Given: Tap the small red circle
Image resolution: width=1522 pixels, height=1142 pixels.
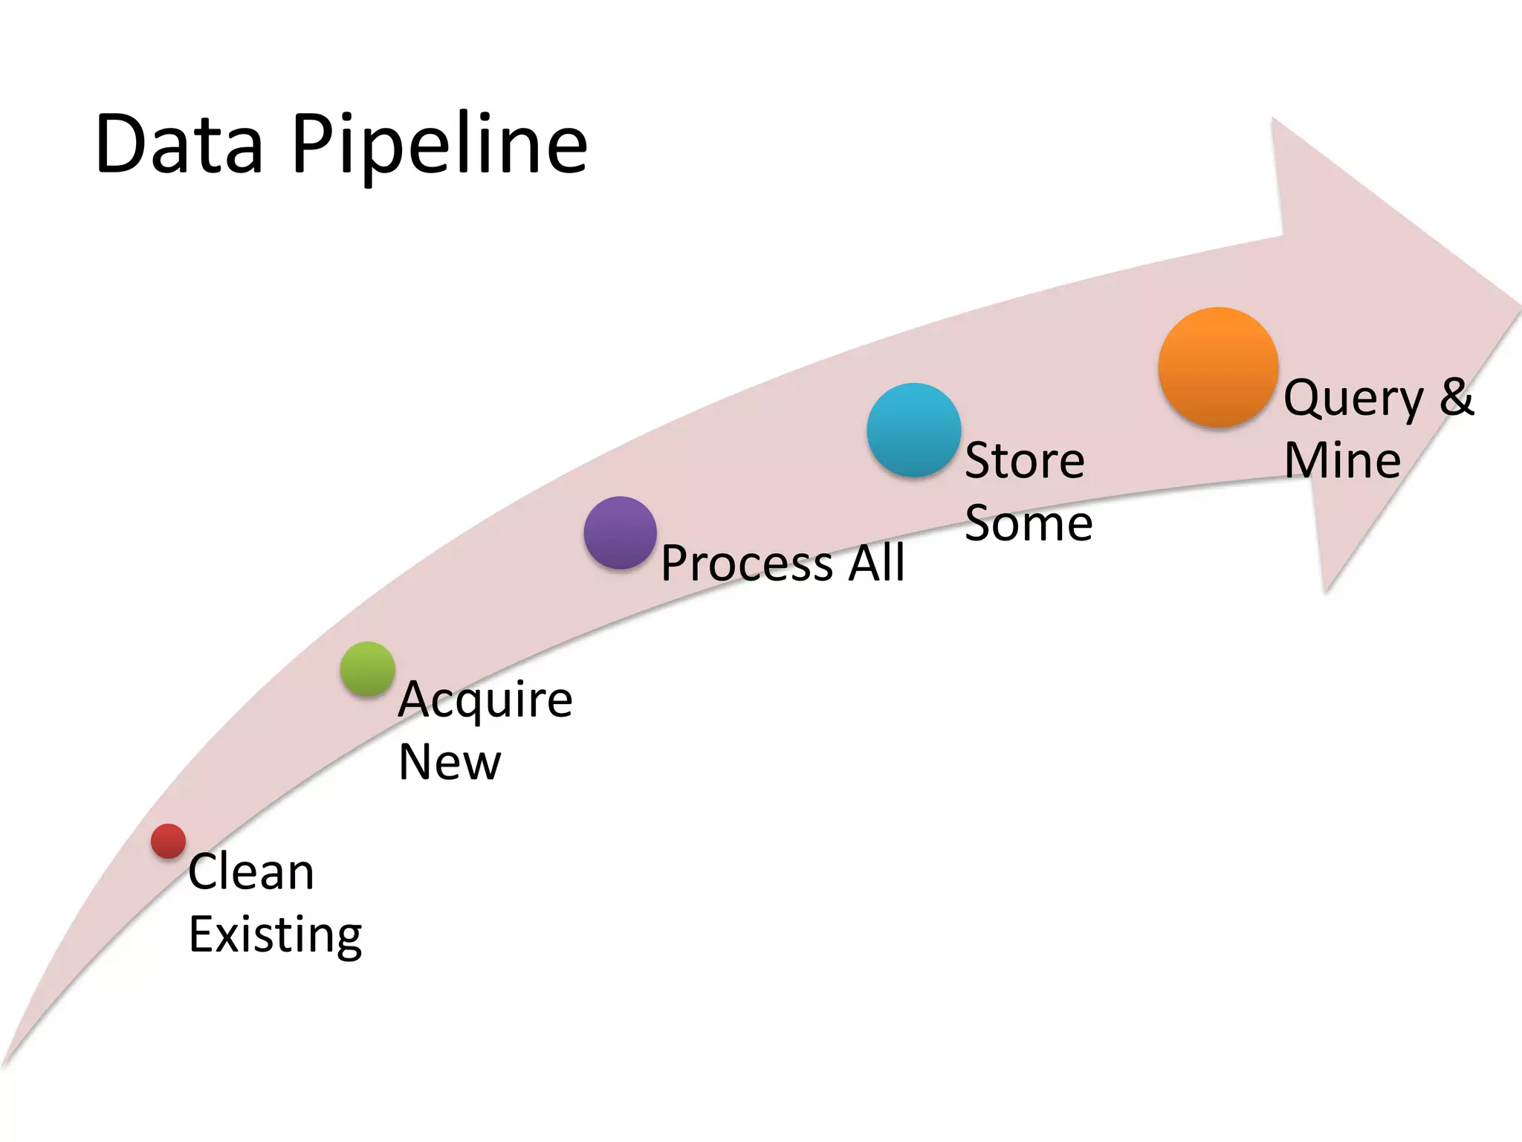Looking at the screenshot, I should pos(168,841).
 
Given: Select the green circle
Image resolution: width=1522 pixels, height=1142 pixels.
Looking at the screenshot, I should pos(367,668).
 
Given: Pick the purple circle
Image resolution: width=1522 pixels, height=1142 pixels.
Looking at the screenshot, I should pos(620,532).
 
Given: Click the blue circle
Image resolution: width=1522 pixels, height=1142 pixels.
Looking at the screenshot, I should pos(913,430).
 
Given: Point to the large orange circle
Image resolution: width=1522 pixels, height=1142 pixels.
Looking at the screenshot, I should pos(1217,367).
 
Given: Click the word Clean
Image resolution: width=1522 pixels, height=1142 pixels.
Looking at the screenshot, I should pos(251,871).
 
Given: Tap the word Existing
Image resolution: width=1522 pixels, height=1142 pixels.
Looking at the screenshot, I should pos(275,935).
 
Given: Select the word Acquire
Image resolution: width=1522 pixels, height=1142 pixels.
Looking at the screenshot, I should pos(485,700).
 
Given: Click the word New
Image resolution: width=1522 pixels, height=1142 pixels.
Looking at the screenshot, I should pos(450,762).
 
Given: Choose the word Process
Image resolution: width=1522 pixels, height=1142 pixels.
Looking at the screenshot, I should pos(747,564).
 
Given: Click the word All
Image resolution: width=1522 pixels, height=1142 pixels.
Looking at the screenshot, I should pos(877,562).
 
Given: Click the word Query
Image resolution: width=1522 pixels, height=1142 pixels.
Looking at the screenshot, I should pos(1353,399).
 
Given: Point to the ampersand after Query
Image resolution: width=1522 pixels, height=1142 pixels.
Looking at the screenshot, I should pos(1456,396).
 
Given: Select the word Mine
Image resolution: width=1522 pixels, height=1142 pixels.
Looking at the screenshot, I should pos(1342,460).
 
